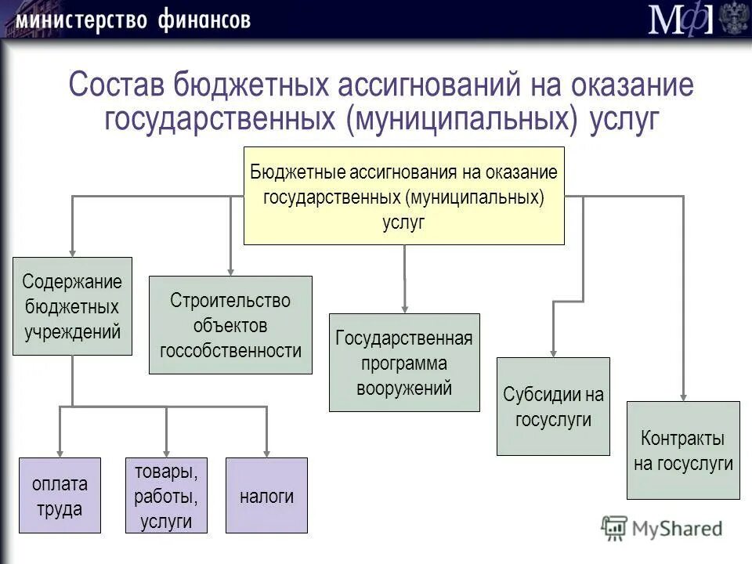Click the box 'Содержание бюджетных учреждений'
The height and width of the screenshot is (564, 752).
(x=73, y=306)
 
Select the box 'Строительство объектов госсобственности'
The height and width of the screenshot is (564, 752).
(x=230, y=324)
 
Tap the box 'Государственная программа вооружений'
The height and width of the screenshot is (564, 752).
(x=404, y=363)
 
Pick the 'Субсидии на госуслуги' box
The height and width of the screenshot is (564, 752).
(x=553, y=406)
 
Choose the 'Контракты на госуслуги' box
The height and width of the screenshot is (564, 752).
(x=683, y=450)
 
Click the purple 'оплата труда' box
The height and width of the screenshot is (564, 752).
(x=60, y=495)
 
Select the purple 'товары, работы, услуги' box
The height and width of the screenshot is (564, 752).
(x=166, y=495)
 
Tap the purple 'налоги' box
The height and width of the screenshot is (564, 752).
(x=266, y=495)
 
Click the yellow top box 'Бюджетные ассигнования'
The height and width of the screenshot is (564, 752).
(x=404, y=196)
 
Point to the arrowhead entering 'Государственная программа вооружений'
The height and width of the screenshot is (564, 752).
(x=404, y=307)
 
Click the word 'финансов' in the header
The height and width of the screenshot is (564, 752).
(x=202, y=19)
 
